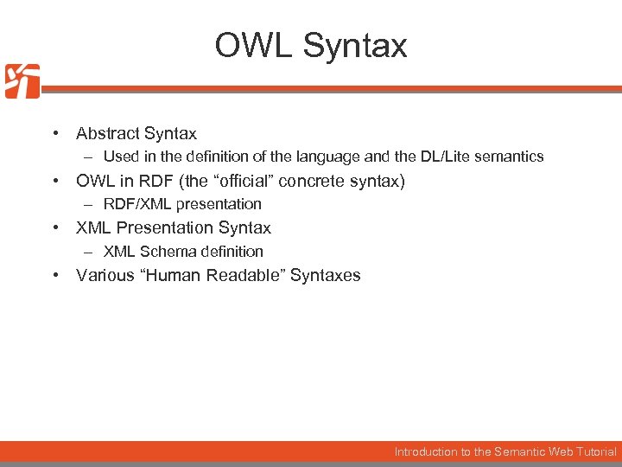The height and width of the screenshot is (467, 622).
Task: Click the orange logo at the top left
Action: pos(22,81)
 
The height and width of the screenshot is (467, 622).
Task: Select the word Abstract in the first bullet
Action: pos(107,133)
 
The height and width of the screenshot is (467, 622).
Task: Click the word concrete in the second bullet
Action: pos(313,181)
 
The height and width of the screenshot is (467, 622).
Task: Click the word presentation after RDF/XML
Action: pos(218,204)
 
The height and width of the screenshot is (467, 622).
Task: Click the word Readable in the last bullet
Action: pos(250,275)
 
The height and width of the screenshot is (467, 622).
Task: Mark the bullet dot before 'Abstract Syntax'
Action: pos(54,133)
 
